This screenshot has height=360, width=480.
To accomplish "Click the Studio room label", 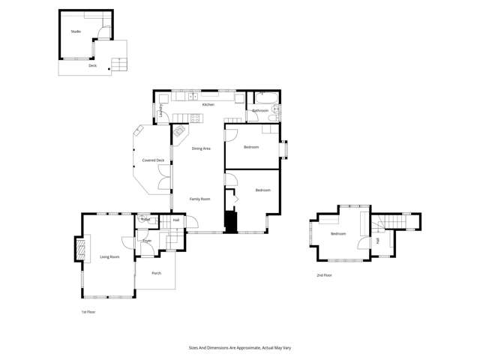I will [x=76, y=31].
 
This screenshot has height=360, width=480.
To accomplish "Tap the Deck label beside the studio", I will [x=92, y=65].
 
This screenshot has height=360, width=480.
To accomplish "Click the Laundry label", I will [x=161, y=110].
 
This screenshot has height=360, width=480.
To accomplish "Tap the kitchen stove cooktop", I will [x=195, y=118].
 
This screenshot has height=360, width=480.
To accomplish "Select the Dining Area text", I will [x=200, y=148].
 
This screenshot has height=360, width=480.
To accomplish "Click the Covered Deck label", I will [x=153, y=160].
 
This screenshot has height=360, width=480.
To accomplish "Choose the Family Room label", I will [x=199, y=199].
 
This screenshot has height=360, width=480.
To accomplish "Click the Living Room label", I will [x=109, y=256].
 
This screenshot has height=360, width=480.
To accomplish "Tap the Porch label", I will [x=156, y=273].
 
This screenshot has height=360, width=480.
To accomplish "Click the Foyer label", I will [x=147, y=240].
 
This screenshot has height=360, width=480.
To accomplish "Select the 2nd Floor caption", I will [x=324, y=275].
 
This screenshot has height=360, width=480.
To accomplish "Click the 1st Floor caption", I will [x=88, y=311].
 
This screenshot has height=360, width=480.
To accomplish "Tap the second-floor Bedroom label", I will [x=338, y=234].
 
